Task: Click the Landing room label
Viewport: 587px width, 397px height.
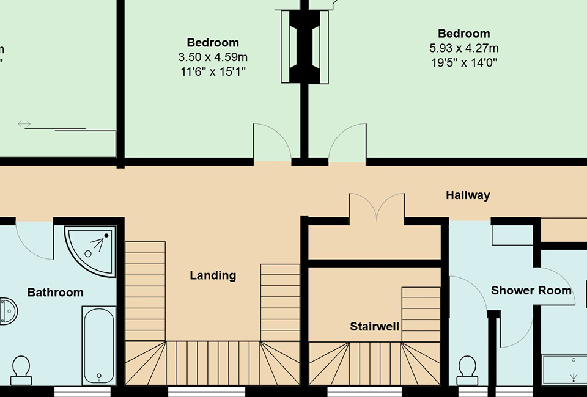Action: tap(213, 275)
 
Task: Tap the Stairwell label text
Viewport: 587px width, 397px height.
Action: tap(374, 327)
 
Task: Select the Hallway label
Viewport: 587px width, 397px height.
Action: tap(468, 195)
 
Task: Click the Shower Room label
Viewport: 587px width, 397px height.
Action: tap(531, 290)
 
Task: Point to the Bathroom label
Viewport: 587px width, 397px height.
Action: tap(55, 293)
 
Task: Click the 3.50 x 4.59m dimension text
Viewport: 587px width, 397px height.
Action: tap(213, 57)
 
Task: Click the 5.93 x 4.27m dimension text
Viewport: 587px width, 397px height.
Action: tap(463, 48)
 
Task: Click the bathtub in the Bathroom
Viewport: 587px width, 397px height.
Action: tap(98, 345)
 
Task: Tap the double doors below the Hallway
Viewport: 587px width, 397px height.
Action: tap(377, 208)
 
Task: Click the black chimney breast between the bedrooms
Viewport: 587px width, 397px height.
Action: tap(304, 46)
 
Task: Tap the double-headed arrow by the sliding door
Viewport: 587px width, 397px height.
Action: tap(24, 124)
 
